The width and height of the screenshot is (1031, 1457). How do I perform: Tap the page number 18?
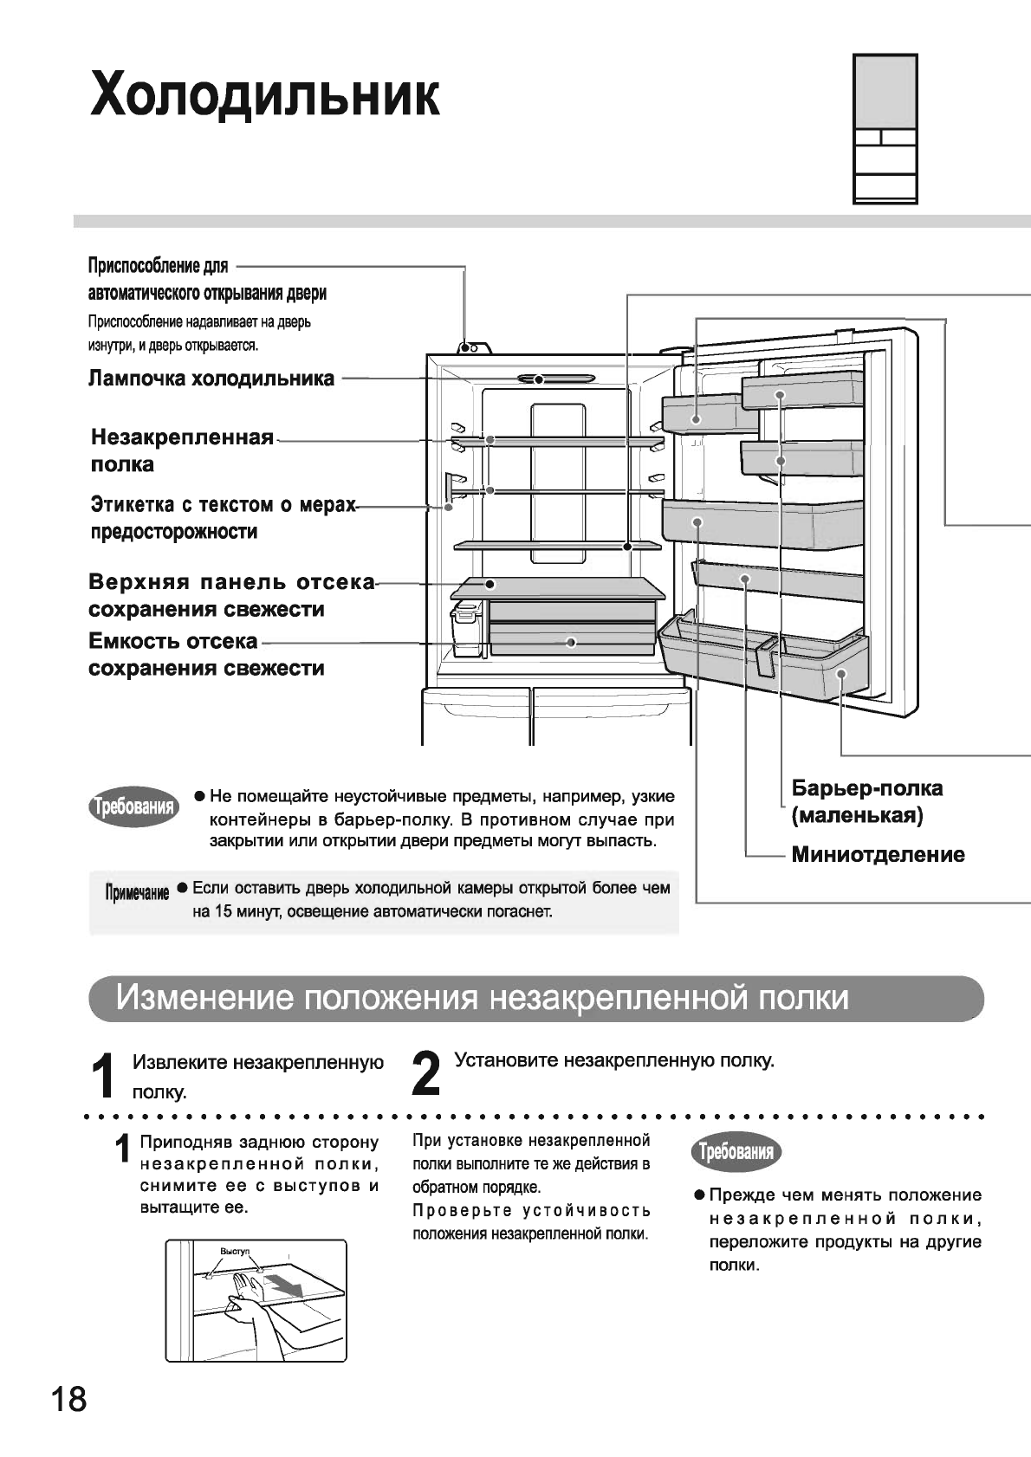click(69, 1399)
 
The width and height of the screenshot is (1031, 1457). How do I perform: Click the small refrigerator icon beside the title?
click(885, 128)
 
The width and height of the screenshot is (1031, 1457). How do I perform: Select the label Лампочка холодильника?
click(211, 379)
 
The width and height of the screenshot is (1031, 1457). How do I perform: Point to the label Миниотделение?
click(878, 855)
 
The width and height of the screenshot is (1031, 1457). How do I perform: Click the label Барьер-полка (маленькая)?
click(866, 802)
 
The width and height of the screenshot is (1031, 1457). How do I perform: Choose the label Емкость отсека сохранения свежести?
click(206, 655)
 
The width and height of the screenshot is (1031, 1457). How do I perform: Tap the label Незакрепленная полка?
click(182, 450)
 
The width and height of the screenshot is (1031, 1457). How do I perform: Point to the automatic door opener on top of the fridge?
click(473, 347)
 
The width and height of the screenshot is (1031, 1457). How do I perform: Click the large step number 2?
click(425, 1073)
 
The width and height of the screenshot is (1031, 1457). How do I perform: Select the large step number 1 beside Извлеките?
click(105, 1075)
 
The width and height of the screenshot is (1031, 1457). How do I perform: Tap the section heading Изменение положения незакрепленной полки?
click(483, 998)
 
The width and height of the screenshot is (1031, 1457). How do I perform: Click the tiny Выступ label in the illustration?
click(235, 1253)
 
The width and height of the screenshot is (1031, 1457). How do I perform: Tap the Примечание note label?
click(136, 893)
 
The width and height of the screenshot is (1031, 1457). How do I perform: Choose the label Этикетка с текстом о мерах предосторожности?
click(223, 518)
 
